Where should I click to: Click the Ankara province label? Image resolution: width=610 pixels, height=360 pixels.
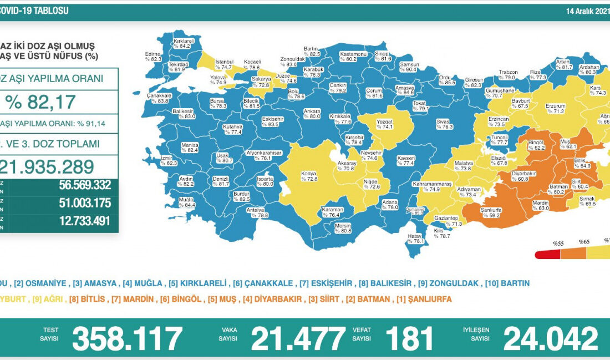[x=312, y=113]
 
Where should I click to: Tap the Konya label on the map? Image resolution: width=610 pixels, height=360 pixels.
[x=309, y=176]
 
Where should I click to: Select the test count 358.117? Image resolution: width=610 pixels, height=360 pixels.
[x=128, y=338]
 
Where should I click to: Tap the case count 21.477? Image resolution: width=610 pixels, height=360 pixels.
[x=298, y=338]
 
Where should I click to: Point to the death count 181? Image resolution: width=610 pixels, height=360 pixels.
[x=410, y=338]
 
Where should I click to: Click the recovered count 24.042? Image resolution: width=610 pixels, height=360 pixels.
[x=551, y=338]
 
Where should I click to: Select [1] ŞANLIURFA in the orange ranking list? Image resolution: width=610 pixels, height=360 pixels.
[x=424, y=299]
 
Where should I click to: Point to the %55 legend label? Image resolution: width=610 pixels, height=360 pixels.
[x=558, y=242]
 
